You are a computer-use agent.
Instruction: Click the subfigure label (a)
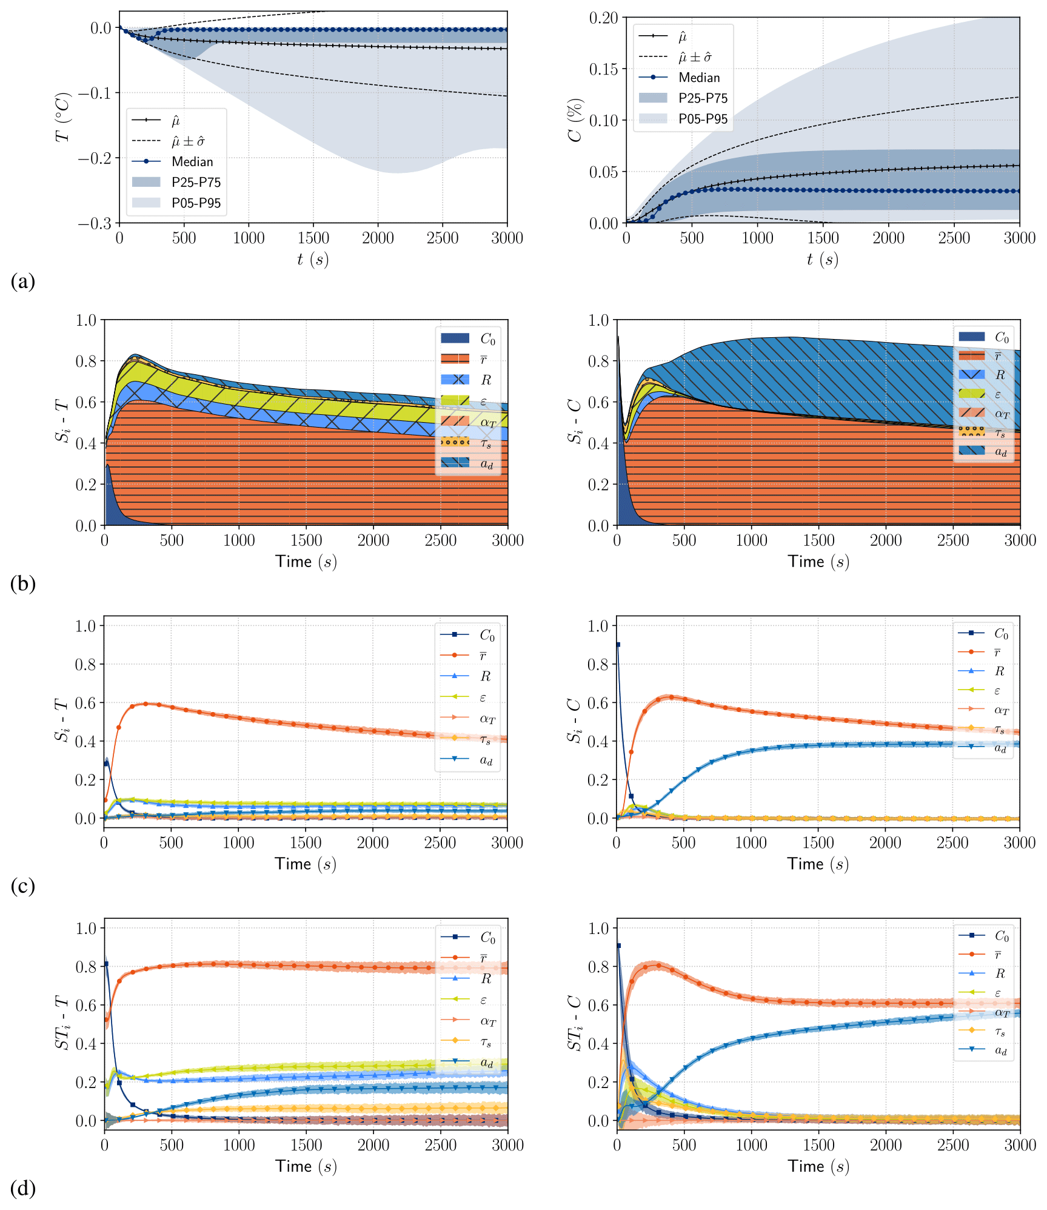(23, 281)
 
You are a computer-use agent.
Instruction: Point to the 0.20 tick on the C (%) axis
(603, 18)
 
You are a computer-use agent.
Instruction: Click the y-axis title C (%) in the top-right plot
(575, 119)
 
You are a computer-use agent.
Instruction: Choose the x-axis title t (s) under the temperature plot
(313, 260)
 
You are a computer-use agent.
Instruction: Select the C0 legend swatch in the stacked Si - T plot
(455, 338)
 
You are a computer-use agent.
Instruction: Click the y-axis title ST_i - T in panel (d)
(63, 1023)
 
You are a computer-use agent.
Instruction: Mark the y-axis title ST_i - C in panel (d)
(575, 1023)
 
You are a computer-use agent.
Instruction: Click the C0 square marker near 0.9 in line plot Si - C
(618, 645)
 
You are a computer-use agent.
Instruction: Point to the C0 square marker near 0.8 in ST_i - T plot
(106, 964)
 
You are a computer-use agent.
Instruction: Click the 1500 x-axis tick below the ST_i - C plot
(818, 1144)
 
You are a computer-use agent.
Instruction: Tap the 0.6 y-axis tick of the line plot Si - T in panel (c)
(88, 703)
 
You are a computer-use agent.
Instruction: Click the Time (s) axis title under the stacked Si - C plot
(818, 562)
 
